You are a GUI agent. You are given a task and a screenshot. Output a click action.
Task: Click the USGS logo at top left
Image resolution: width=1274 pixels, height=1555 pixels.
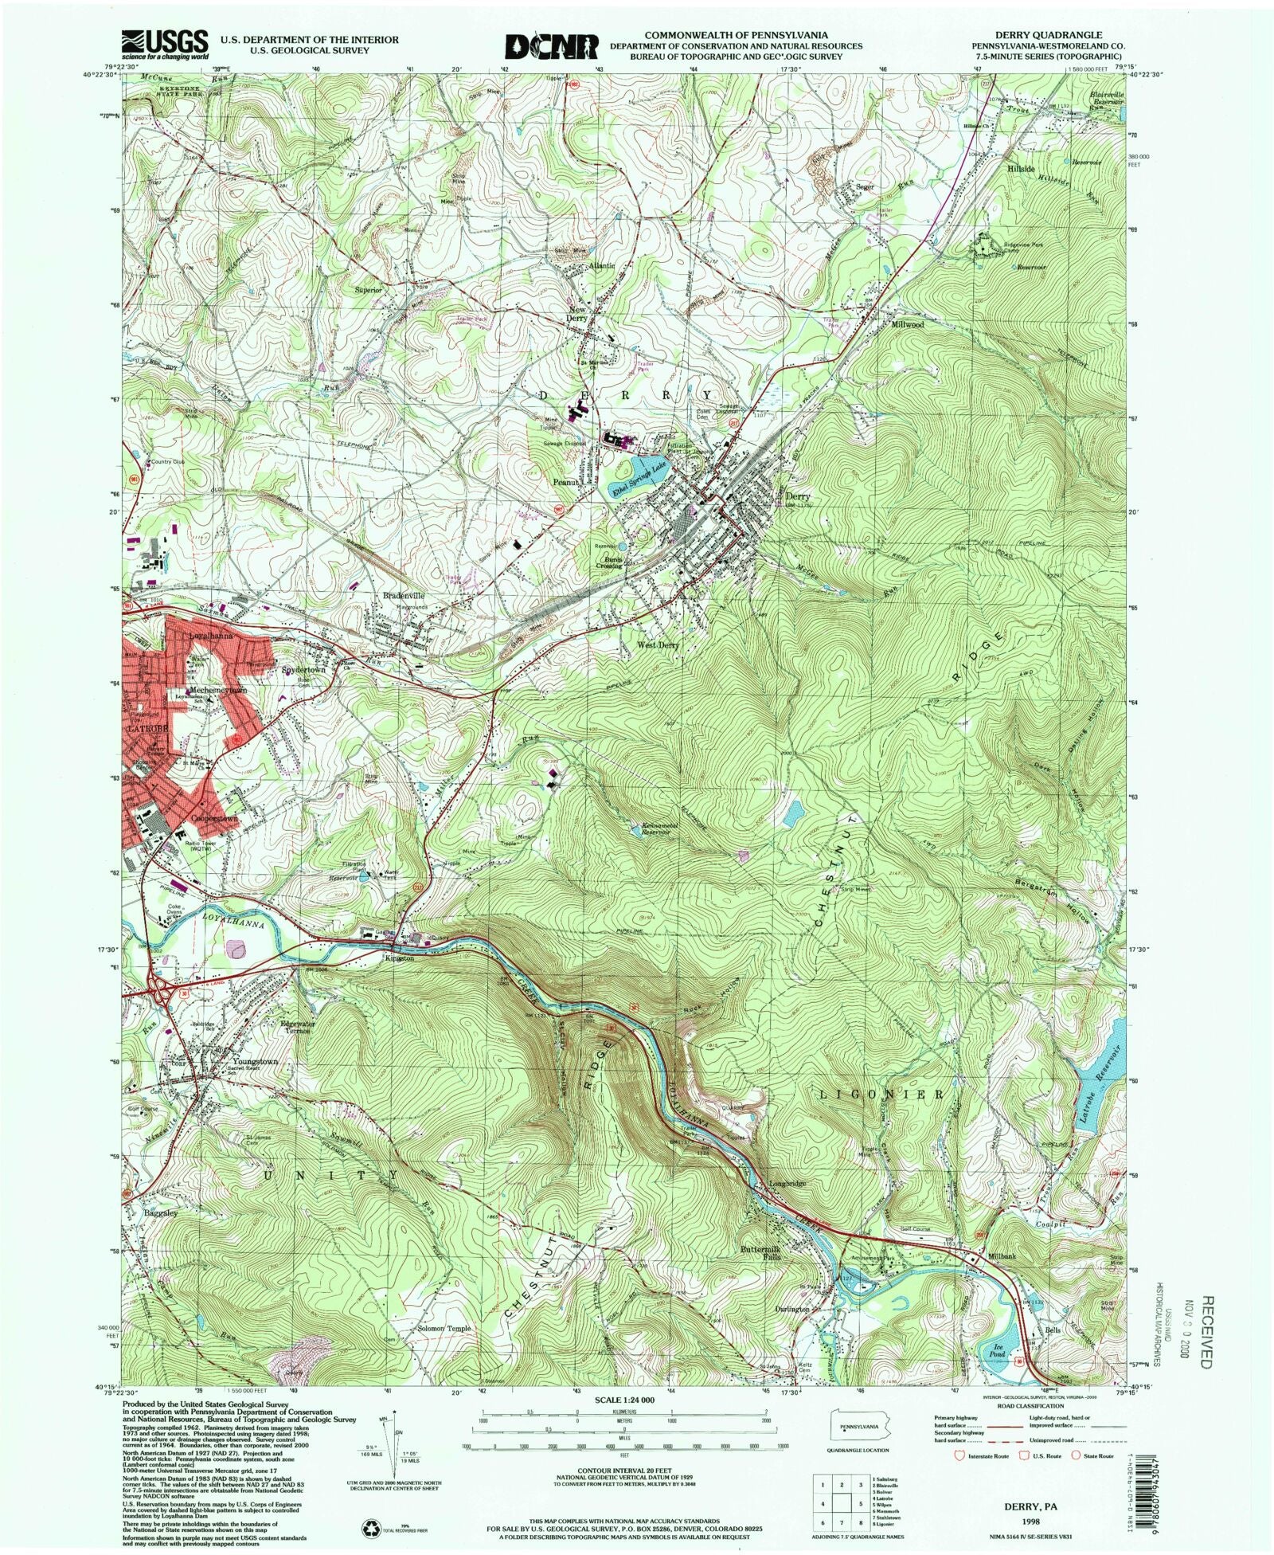(x=164, y=45)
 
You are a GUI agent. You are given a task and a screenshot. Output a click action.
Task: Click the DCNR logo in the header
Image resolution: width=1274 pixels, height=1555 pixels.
(x=552, y=45)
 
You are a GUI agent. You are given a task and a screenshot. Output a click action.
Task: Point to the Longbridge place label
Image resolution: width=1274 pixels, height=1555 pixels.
(x=787, y=1183)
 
